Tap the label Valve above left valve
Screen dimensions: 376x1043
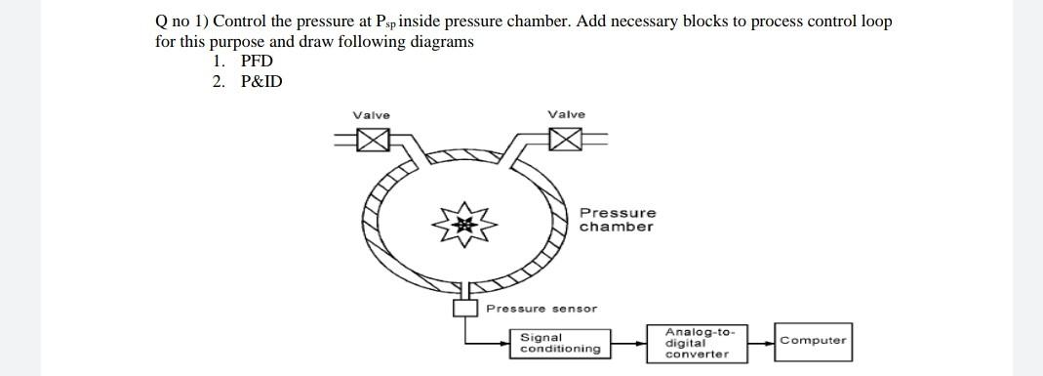click(x=371, y=115)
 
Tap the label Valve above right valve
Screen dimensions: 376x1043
click(x=567, y=114)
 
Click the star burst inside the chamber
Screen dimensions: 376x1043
click(x=465, y=225)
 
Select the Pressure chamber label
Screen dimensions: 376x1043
click(x=617, y=220)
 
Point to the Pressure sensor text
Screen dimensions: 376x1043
click(x=542, y=309)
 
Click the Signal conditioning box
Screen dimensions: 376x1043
click(x=560, y=343)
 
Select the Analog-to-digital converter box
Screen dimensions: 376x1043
click(x=697, y=343)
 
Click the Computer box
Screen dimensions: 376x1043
click(x=813, y=341)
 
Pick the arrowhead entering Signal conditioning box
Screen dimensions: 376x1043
click(x=505, y=344)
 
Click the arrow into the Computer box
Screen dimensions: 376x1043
click(x=770, y=342)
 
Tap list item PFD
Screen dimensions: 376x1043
click(x=257, y=61)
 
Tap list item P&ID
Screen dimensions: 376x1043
click(x=261, y=81)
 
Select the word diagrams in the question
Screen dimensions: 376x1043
click(x=443, y=41)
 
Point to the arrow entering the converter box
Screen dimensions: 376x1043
click(x=643, y=344)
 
